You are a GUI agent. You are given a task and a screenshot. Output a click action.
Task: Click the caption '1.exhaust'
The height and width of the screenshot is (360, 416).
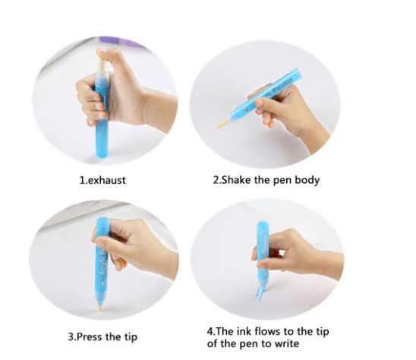coord(103,180)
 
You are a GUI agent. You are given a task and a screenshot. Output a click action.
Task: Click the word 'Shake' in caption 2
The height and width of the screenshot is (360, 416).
coord(241,180)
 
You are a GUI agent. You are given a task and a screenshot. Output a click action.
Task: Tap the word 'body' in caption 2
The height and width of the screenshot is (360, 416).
coord(305,180)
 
